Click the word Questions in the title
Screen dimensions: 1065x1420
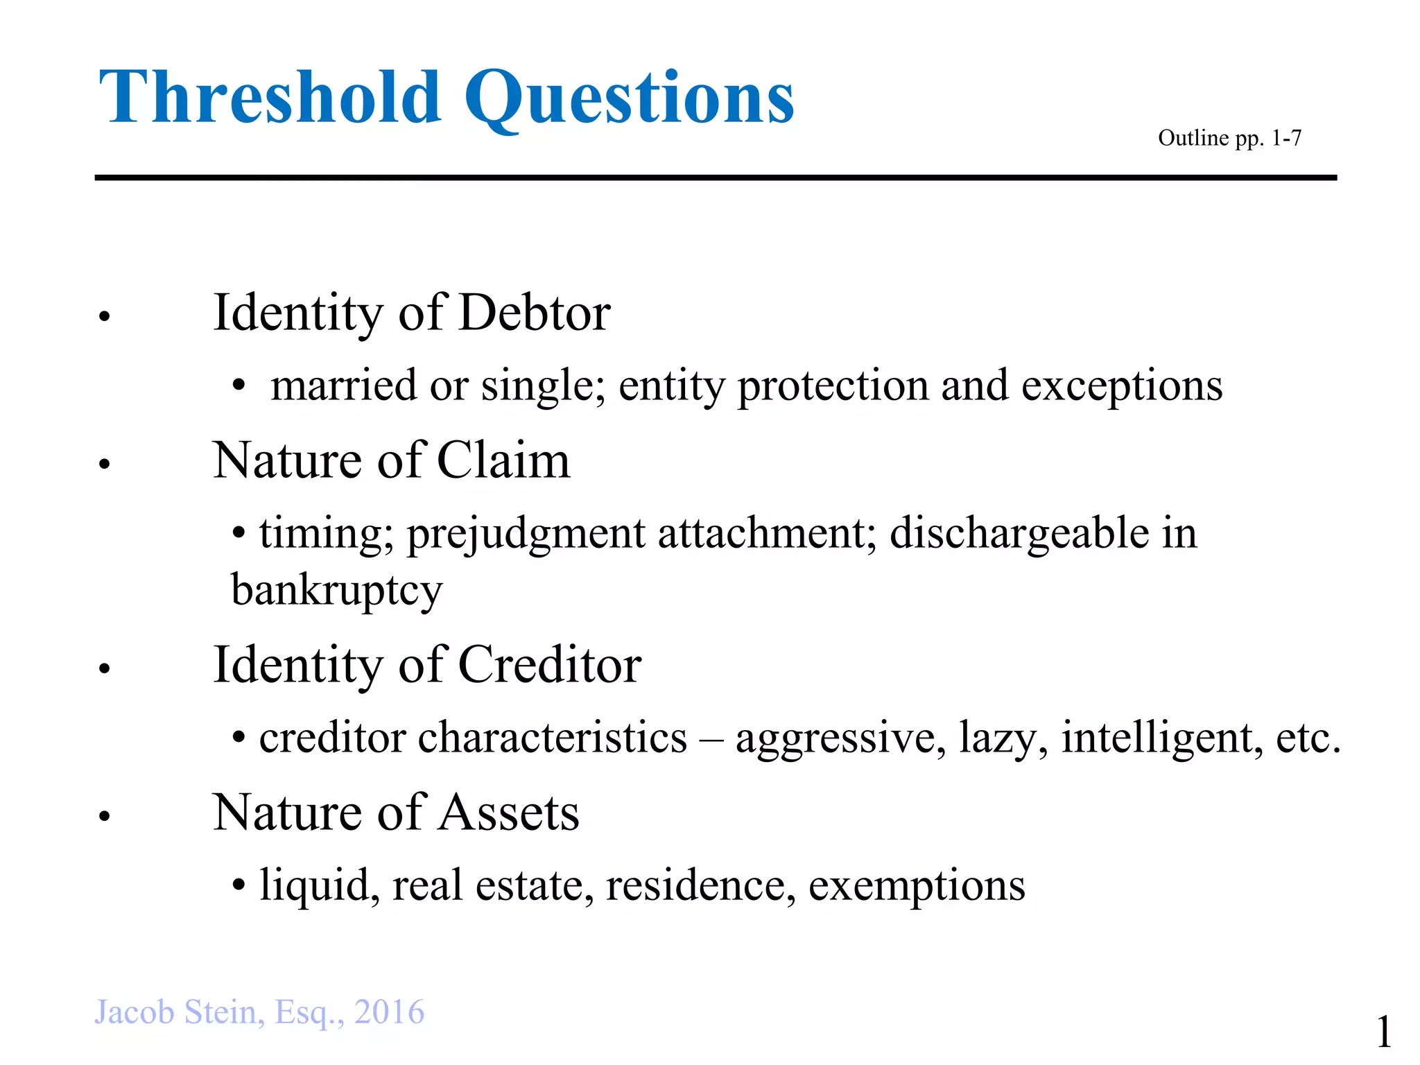point(628,98)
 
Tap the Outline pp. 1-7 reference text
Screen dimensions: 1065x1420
point(1229,138)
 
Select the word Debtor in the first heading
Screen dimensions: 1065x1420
point(534,313)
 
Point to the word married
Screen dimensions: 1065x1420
point(344,386)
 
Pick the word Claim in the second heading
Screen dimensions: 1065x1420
point(503,460)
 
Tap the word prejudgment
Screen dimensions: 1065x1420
point(526,535)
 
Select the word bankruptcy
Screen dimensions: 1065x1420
point(336,591)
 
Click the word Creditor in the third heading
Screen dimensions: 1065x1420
point(549,665)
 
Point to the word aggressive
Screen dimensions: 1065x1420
point(840,738)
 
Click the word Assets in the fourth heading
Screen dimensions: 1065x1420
point(509,813)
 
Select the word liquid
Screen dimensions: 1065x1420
point(320,887)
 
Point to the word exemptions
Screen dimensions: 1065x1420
point(916,887)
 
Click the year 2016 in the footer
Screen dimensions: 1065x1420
point(389,1012)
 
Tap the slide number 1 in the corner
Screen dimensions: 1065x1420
point(1383,1032)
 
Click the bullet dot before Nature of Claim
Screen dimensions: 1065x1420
point(105,464)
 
